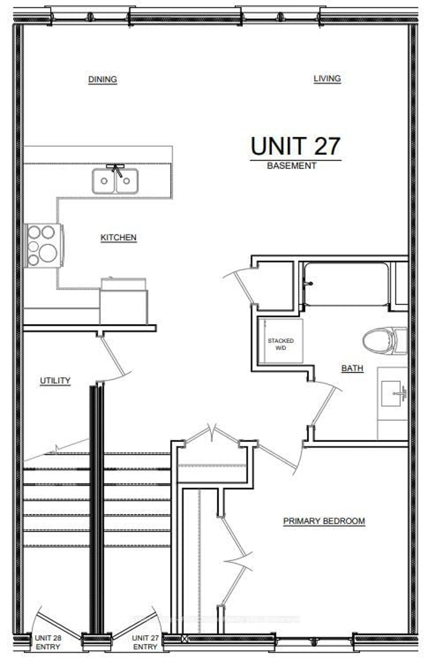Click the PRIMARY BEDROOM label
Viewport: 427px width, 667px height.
pos(324,521)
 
